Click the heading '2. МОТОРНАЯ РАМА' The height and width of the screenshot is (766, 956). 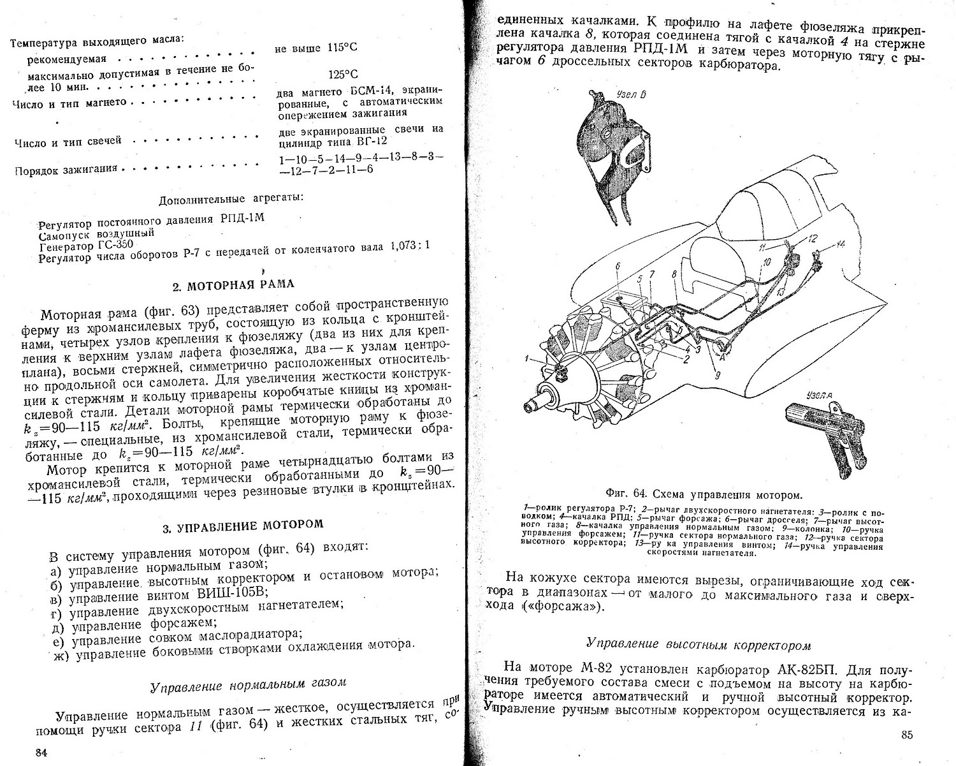tap(233, 284)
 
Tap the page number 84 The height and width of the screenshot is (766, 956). tap(41, 753)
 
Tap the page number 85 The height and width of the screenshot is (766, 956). tap(908, 735)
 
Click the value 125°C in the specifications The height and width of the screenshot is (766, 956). tap(343, 74)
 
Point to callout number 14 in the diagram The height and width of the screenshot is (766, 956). tap(841, 244)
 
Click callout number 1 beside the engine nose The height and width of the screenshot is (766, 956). tap(527, 359)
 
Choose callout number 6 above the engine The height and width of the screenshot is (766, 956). tap(618, 266)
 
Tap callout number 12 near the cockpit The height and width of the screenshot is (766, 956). tap(812, 239)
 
